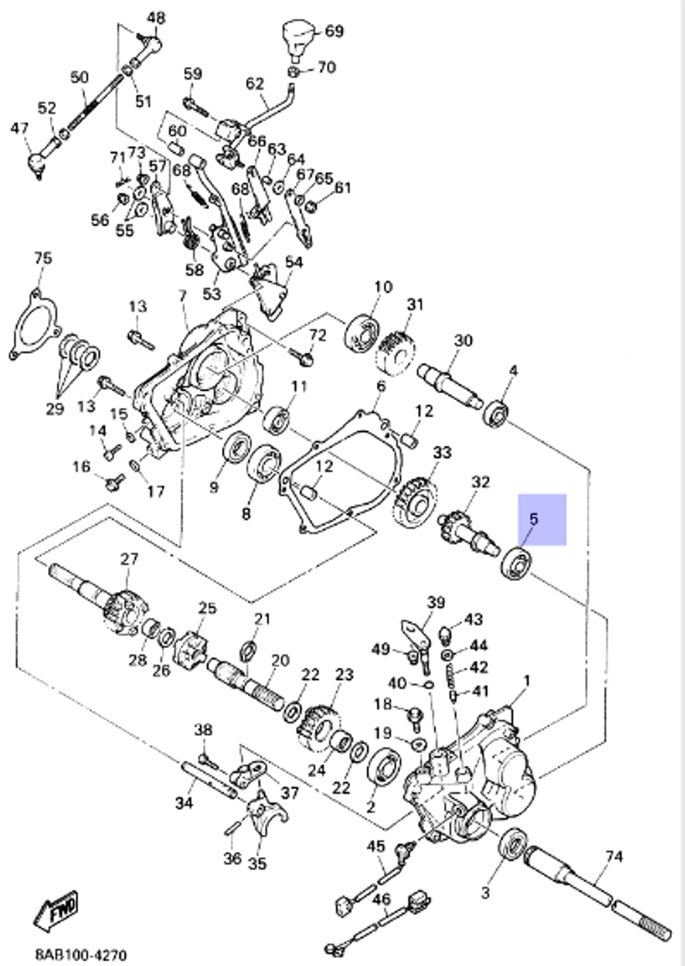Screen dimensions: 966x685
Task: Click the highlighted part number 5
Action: pos(534,519)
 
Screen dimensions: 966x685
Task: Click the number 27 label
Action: pos(129,558)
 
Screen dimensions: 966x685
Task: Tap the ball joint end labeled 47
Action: pos(36,163)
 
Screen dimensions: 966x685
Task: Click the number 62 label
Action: pos(255,84)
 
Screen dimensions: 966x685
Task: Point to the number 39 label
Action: pos(436,602)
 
